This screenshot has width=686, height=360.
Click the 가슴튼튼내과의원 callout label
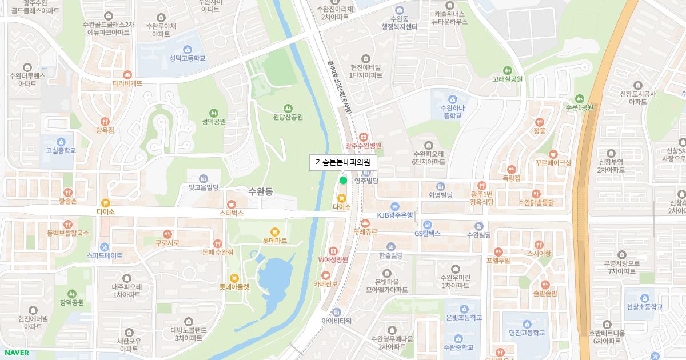[x=343, y=162]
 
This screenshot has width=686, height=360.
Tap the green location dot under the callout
[x=343, y=181]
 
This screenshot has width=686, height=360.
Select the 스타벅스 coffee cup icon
[x=232, y=204]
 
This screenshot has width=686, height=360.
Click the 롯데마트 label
[x=274, y=241]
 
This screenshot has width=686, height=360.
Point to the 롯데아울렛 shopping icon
[x=234, y=278]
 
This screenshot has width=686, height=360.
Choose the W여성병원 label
[x=333, y=259]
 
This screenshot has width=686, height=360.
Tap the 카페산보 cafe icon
[x=326, y=274]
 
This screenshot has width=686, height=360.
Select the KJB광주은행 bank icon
[x=394, y=206]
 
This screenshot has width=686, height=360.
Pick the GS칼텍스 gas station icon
[x=428, y=225]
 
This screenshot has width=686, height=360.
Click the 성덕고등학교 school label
[x=187, y=58]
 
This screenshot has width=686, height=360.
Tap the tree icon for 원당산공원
[x=287, y=107]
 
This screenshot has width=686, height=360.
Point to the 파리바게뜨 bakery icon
[x=127, y=74]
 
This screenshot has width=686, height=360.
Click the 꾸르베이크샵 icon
[x=553, y=153]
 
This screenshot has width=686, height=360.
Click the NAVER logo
[x=17, y=353]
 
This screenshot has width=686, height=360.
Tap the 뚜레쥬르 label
[x=365, y=232]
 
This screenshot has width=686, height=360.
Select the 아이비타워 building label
[x=336, y=321]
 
